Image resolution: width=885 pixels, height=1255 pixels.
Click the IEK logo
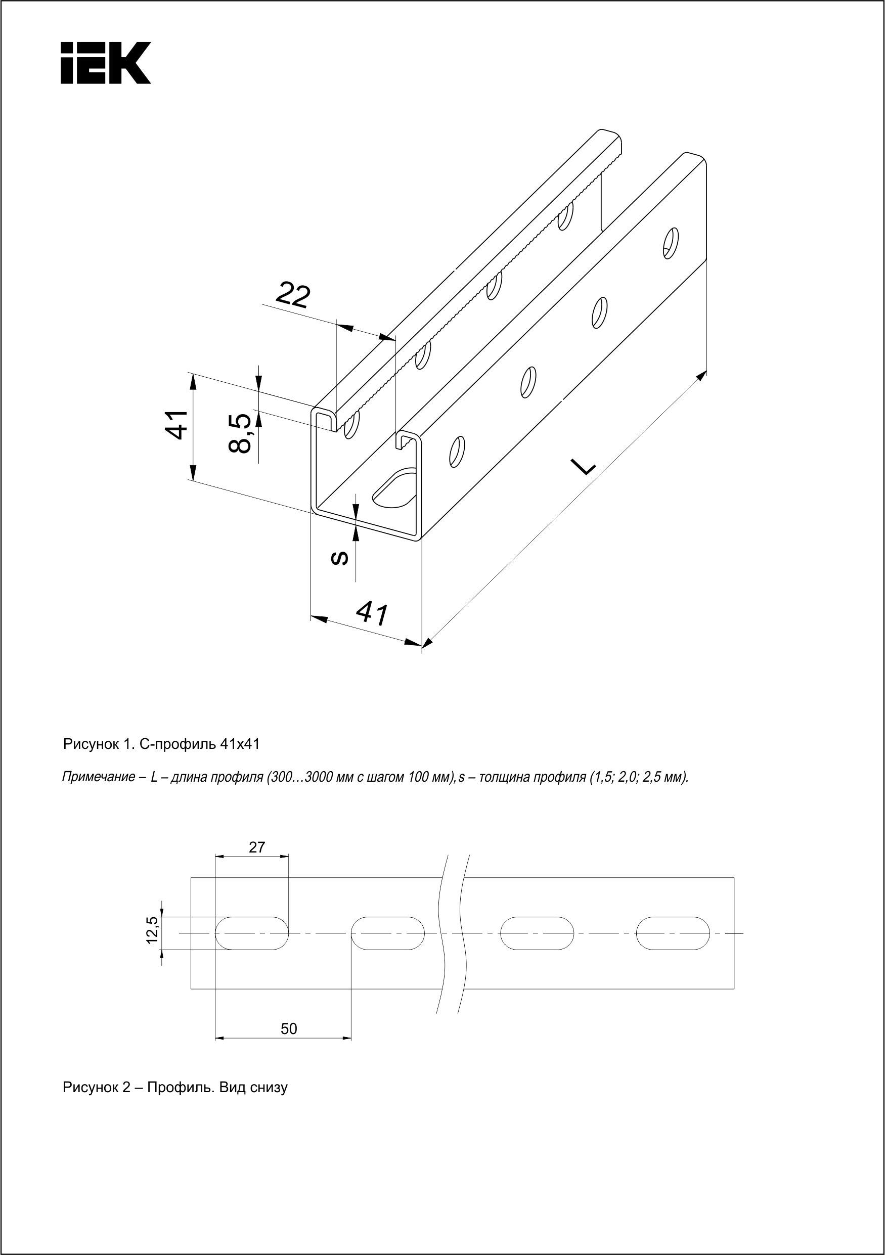click(x=106, y=63)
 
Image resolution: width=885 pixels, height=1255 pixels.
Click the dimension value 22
click(x=293, y=295)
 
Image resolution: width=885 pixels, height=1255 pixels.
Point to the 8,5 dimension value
click(x=241, y=433)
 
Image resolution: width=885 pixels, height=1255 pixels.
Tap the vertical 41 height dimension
click(x=176, y=424)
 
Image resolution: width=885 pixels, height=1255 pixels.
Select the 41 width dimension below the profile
click(x=372, y=614)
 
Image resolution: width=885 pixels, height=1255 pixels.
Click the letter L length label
click(x=583, y=466)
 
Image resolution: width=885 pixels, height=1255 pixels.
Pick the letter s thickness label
click(x=340, y=558)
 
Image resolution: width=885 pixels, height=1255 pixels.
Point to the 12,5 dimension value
click(x=153, y=933)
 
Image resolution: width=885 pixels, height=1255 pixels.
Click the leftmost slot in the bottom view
click(x=252, y=933)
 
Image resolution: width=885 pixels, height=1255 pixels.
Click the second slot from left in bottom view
click(x=387, y=933)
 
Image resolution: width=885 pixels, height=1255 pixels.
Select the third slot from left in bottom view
click(x=537, y=933)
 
